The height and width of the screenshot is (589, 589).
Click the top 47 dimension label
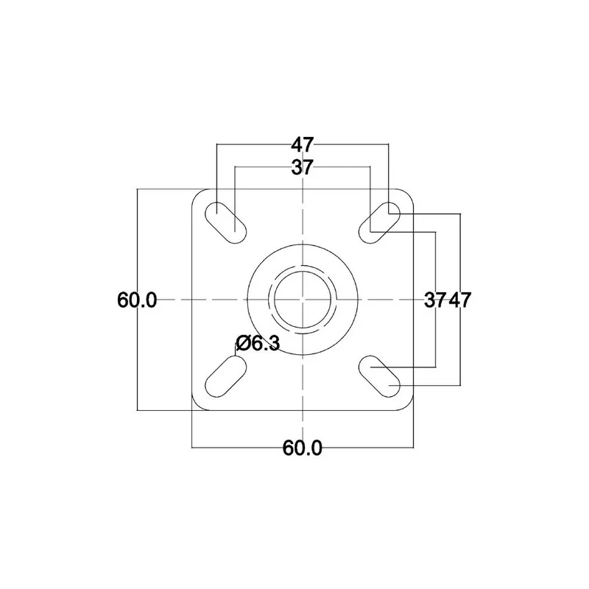pyautogui.click(x=303, y=144)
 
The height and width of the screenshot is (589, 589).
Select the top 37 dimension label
pyautogui.click(x=303, y=167)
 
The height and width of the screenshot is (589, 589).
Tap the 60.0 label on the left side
pyautogui.click(x=137, y=300)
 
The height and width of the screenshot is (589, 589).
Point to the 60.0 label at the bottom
pyautogui.click(x=303, y=448)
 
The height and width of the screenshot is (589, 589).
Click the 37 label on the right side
pyautogui.click(x=435, y=300)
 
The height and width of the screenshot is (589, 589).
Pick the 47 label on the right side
pyautogui.click(x=460, y=300)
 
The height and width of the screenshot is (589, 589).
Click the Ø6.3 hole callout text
pyautogui.click(x=258, y=342)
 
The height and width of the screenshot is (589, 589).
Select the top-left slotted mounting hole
pyautogui.click(x=225, y=222)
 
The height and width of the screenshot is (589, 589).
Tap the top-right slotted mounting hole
pyautogui.click(x=380, y=222)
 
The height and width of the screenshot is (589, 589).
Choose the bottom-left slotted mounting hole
pyautogui.click(x=225, y=376)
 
